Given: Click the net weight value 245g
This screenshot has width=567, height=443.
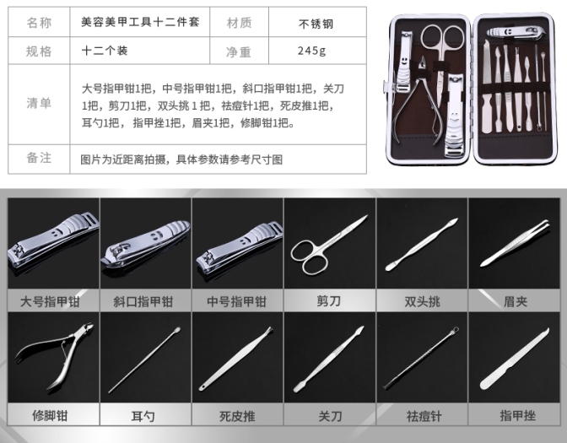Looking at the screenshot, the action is pos(311,51).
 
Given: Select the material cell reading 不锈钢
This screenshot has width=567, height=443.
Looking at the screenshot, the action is pos(316,24).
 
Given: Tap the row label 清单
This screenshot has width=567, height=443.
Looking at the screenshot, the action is pos(39,104).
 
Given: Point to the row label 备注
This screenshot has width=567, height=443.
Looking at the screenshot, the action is pos(39,158).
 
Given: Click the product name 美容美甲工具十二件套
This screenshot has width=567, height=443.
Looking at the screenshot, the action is pos(140,22).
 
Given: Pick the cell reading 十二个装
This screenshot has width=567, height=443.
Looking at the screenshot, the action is pos(105,51).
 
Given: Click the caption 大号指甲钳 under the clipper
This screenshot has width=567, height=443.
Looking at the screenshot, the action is pos(50,301).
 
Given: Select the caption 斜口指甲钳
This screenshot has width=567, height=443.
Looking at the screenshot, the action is pos(143,301).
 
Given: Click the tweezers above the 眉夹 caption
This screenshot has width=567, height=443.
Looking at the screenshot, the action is pos(516,243).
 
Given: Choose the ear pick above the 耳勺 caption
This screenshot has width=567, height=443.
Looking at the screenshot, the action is pos(144,359).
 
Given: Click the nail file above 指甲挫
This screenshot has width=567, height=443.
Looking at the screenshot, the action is pos(515,359).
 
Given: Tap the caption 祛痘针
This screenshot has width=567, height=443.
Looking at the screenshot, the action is pos(424,416).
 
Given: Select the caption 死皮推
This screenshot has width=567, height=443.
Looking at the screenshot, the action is pos(237,416).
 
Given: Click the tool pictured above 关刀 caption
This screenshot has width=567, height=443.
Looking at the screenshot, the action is pos(329,359).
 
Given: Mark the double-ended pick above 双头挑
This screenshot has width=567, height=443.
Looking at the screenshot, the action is pos(422,245).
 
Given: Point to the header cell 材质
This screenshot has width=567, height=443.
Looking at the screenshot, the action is pos(239,23).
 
